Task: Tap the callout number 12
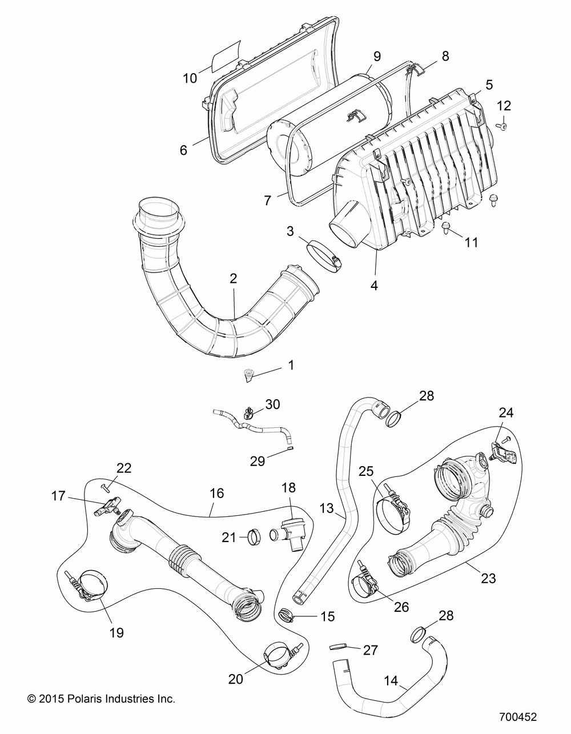504,106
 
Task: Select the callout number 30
273,404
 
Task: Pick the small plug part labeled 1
248,375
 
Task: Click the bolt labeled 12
504,127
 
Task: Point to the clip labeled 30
249,410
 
